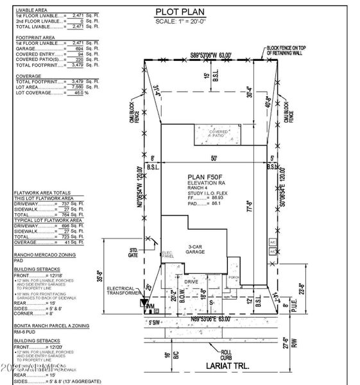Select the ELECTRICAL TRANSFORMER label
(x=123, y=291)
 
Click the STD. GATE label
(x=134, y=252)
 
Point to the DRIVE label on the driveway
(x=190, y=280)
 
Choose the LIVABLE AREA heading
(x=33, y=10)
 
